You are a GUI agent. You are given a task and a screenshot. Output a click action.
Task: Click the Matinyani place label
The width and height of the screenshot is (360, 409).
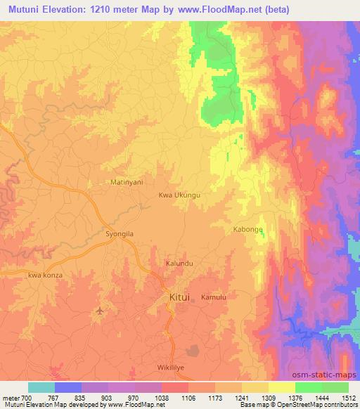(127, 181)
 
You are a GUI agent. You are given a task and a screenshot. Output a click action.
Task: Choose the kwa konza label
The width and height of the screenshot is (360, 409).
(46, 275)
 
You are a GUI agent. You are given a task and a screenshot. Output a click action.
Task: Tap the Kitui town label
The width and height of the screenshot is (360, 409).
(180, 298)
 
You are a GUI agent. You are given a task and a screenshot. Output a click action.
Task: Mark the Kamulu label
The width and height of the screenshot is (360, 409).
(214, 298)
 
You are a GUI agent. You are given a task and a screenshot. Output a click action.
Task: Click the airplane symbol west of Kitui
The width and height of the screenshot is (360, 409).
(99, 310)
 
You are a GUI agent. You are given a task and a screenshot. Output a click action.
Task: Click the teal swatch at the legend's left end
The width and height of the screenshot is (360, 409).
(41, 387)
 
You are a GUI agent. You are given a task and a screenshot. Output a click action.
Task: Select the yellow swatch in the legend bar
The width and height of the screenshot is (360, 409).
(281, 387)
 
